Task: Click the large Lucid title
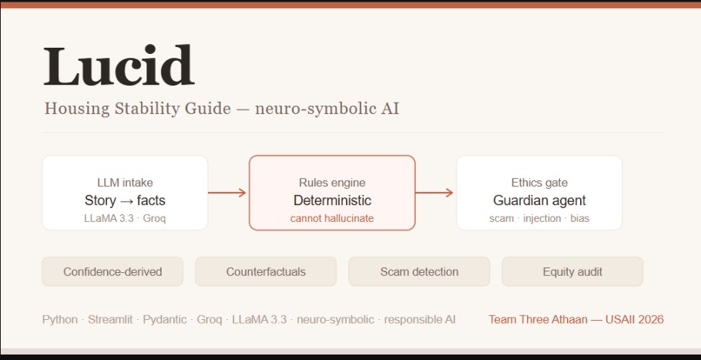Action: (x=119, y=65)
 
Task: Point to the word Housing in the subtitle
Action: (x=77, y=109)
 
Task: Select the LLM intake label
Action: (x=125, y=183)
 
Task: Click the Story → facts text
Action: (x=125, y=200)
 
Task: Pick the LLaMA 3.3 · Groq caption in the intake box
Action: (x=125, y=218)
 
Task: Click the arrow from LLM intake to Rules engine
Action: (x=227, y=193)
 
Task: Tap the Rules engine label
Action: (x=332, y=183)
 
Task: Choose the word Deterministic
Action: (x=332, y=200)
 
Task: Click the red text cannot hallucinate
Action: (x=332, y=218)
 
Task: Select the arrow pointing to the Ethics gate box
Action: (x=434, y=193)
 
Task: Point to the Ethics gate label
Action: (x=539, y=183)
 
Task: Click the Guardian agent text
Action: (x=539, y=200)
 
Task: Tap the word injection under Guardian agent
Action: (x=542, y=218)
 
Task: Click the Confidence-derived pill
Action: (x=113, y=271)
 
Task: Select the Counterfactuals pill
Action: (x=265, y=271)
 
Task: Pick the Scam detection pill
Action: (x=419, y=271)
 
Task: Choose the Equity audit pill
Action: (x=572, y=271)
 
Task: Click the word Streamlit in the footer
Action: (x=110, y=320)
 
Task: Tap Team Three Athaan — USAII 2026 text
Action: (x=576, y=320)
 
